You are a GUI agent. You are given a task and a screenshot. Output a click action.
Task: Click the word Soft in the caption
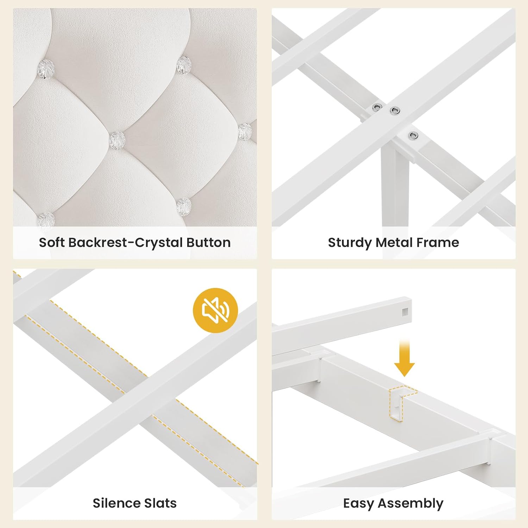tap(52, 243)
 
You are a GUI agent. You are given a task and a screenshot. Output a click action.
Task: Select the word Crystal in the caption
tap(158, 243)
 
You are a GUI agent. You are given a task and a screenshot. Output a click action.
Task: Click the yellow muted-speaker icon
tap(215, 310)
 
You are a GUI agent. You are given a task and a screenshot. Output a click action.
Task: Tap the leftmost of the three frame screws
tap(378, 106)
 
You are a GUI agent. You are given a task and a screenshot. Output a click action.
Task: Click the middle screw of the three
tap(395, 111)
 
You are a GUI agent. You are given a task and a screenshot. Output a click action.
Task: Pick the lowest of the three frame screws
tap(413, 136)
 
